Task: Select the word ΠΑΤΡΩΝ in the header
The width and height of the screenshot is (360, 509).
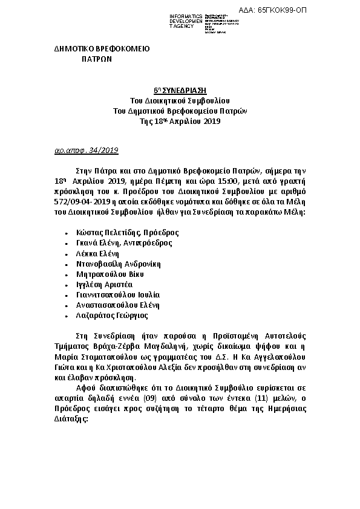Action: click(97, 60)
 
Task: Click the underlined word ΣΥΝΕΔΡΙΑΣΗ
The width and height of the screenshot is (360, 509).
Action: click(184, 89)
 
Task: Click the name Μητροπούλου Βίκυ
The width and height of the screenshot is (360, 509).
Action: click(105, 274)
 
